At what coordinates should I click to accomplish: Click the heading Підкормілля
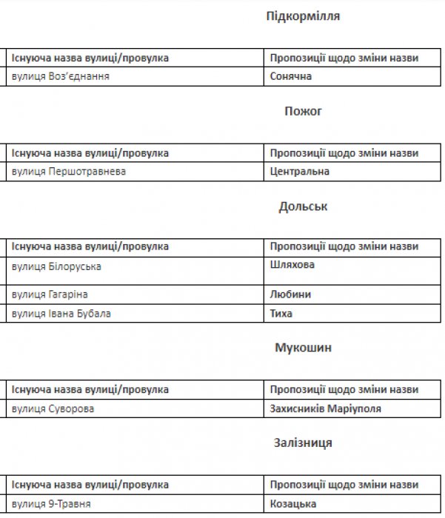(x=303, y=16)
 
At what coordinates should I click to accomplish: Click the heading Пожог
(x=303, y=111)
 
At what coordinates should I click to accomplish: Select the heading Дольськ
(x=303, y=206)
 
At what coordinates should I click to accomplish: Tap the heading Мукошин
(x=303, y=348)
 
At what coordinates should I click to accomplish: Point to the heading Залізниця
(x=303, y=443)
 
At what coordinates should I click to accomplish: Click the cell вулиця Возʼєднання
(x=66, y=76)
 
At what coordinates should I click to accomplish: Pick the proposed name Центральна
(x=300, y=172)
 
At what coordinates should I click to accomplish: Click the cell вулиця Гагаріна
(x=51, y=295)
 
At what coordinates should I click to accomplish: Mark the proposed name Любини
(x=290, y=295)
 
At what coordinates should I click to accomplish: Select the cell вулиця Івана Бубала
(x=61, y=313)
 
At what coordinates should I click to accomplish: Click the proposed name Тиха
(x=281, y=313)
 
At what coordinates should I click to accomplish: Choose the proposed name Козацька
(x=294, y=504)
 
